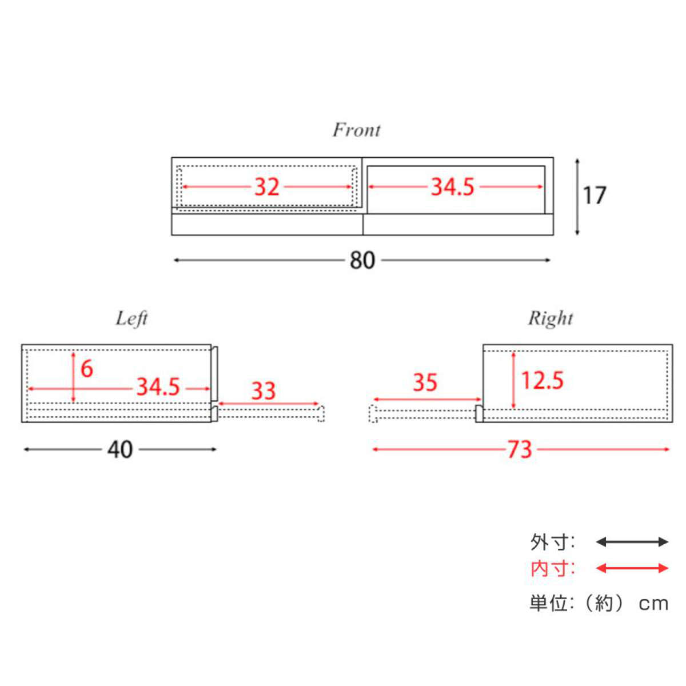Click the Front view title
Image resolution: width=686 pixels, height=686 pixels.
[356, 130]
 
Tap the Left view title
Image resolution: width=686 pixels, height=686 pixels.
[131, 319]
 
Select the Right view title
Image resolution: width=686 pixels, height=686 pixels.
[551, 318]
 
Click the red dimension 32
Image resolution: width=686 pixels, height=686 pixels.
[266, 187]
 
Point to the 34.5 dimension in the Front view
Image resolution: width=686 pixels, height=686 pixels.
[452, 187]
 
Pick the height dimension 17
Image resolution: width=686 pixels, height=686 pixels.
[594, 196]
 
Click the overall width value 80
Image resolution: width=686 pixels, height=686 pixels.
[362, 260]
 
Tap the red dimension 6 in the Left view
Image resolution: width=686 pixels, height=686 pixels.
[87, 369]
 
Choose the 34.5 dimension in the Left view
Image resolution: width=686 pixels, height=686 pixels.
[158, 387]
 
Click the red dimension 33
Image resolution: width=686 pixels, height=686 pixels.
[264, 390]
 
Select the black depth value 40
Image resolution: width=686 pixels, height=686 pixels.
[120, 449]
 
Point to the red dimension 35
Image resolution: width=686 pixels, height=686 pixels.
[425, 382]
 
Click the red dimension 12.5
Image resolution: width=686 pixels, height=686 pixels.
[543, 380]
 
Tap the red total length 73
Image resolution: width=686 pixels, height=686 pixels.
[520, 449]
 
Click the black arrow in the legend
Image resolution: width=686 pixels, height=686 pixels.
[632, 542]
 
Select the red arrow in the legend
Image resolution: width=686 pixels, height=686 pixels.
[632, 568]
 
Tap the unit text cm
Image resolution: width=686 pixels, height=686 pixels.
[653, 604]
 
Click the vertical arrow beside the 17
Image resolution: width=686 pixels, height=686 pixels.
[577, 197]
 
